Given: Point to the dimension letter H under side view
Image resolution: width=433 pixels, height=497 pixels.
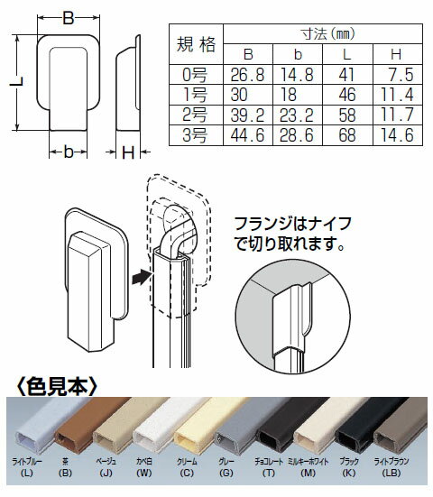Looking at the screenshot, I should [129, 154].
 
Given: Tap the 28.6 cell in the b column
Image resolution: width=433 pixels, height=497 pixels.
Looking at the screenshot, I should [299, 134].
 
